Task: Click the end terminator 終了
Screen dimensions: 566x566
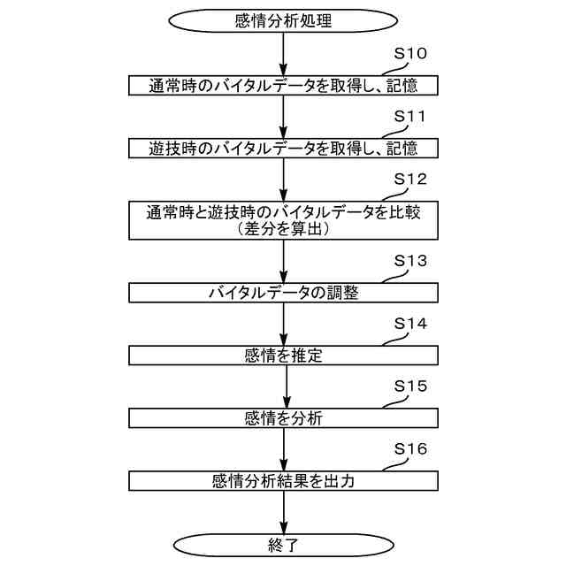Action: click(x=283, y=542)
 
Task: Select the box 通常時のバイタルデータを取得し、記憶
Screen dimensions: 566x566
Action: click(x=283, y=85)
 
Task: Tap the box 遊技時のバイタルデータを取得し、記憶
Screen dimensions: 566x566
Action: click(x=283, y=148)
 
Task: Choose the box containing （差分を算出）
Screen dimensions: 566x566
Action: click(x=283, y=219)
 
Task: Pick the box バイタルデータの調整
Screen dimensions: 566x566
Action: click(x=283, y=293)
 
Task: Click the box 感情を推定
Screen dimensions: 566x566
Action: click(x=283, y=356)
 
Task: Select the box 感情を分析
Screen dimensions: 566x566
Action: click(x=283, y=418)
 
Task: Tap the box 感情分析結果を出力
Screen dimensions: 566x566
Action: click(x=283, y=481)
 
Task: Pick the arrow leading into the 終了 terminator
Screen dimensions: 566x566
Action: click(x=283, y=510)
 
